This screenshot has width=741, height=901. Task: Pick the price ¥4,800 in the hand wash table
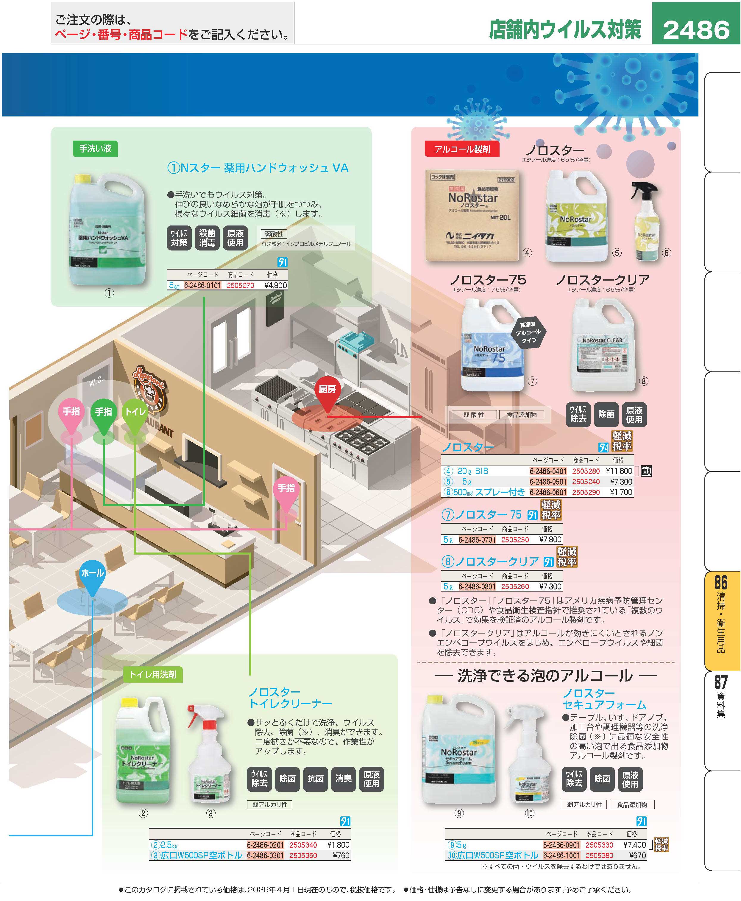(x=276, y=285)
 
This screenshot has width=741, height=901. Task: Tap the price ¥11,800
(x=619, y=471)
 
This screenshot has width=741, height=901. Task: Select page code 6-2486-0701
(x=477, y=539)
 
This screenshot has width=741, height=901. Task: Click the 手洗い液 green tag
(x=95, y=149)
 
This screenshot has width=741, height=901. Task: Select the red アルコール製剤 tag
(x=462, y=149)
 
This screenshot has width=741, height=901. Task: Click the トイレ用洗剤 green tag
(x=152, y=674)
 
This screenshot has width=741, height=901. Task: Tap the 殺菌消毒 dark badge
(x=207, y=238)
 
